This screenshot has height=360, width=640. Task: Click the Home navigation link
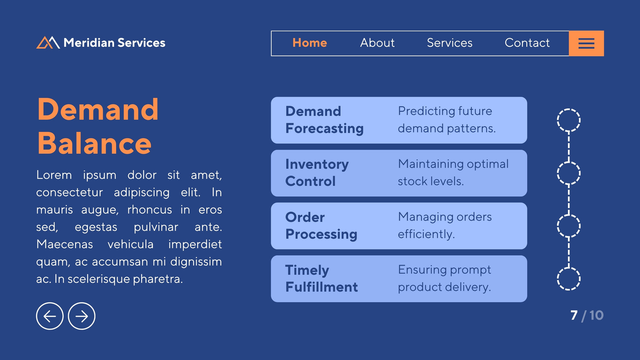click(310, 43)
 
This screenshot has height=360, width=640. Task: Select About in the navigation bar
click(377, 43)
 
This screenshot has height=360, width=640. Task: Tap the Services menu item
click(450, 43)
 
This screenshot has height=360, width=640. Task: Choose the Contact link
click(527, 43)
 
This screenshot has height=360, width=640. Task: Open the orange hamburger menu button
click(586, 44)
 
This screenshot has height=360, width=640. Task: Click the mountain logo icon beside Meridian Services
click(48, 42)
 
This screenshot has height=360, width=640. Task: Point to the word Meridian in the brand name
click(89, 43)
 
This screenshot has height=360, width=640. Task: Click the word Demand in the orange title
click(98, 110)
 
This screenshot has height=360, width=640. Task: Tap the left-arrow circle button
click(50, 316)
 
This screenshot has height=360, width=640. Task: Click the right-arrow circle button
click(82, 316)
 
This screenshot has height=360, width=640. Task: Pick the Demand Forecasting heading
click(324, 120)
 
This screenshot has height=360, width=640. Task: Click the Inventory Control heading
click(317, 172)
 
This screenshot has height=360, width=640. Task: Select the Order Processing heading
click(321, 226)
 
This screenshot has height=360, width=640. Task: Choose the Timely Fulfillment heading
click(322, 278)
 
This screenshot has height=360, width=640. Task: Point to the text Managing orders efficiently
click(445, 226)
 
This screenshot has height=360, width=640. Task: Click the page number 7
click(574, 316)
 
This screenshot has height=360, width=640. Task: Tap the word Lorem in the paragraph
click(54, 175)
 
